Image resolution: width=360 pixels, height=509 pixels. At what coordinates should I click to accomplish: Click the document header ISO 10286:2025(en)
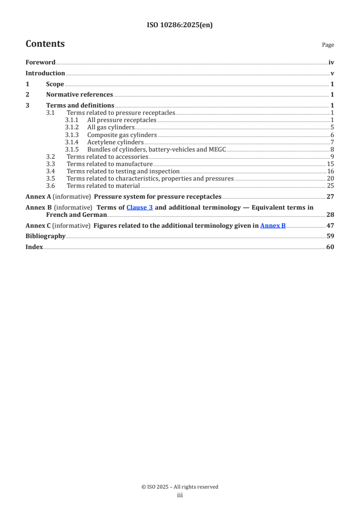point(180,25)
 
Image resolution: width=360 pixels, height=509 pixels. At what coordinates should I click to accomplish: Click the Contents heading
point(45,44)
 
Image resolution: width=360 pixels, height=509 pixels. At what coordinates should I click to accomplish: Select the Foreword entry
point(40,63)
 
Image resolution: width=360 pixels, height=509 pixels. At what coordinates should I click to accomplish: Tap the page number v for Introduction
point(332,73)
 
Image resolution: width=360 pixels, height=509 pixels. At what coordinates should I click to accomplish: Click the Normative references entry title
point(79,95)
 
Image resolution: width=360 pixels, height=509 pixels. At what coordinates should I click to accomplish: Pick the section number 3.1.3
point(72,135)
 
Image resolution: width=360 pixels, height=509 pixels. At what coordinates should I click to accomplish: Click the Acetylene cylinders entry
point(115,142)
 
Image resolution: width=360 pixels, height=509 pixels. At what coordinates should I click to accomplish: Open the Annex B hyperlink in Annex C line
point(273,225)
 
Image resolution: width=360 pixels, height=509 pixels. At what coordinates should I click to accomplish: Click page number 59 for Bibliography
point(330,236)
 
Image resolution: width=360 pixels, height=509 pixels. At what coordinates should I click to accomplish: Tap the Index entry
point(34,247)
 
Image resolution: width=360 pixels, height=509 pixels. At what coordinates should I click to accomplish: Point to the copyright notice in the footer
point(180,487)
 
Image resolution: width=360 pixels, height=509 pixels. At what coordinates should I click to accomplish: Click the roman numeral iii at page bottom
point(180,495)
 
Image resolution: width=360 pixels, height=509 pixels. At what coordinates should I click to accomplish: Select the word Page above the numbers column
point(328,45)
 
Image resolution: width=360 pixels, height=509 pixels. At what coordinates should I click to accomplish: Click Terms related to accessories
point(108,157)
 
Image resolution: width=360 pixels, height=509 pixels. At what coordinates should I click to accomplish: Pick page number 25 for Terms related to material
point(330,186)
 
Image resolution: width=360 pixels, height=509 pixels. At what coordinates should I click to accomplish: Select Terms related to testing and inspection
point(123,171)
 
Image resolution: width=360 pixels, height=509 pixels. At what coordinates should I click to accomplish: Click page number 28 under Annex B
point(330,215)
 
